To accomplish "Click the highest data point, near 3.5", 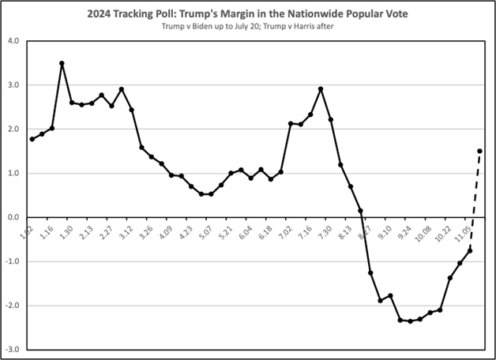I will click(x=62, y=63).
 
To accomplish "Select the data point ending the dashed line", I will click(x=479, y=151).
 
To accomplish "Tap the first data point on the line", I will click(x=32, y=139).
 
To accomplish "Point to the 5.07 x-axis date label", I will click(x=205, y=235).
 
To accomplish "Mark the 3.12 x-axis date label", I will click(x=125, y=235).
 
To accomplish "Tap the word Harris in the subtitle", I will click(x=304, y=28).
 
